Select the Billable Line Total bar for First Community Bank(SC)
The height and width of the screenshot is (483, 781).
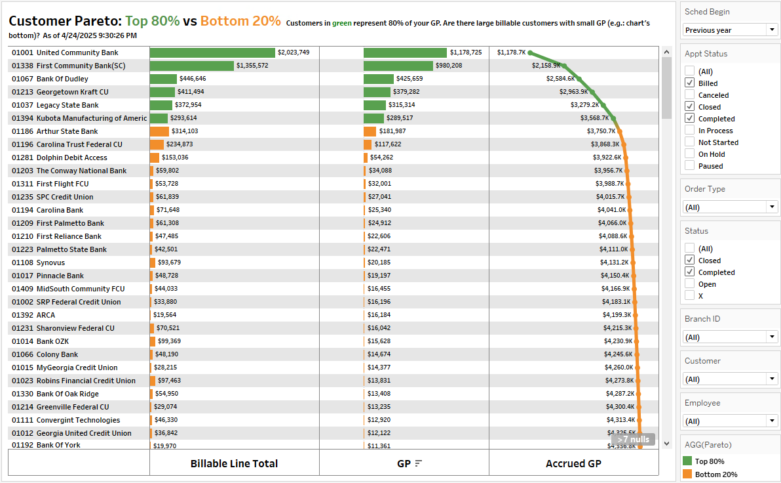point(191,66)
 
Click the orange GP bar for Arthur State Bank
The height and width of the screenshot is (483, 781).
point(370,131)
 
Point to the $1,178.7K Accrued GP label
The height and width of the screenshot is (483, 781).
point(511,52)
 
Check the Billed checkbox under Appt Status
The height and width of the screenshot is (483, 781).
point(690,83)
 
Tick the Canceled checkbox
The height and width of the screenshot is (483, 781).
point(690,95)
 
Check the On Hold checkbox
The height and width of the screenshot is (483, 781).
point(690,154)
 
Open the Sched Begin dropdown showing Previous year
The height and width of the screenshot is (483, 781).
point(731,30)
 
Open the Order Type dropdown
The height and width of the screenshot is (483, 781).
point(731,207)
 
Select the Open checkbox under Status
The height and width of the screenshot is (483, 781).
point(690,284)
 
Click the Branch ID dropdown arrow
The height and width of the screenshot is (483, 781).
point(772,337)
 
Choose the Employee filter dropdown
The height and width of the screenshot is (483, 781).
point(731,421)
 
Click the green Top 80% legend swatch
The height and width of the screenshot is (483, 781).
point(687,461)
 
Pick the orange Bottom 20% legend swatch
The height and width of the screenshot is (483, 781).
point(687,474)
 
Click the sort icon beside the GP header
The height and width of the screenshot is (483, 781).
point(419,463)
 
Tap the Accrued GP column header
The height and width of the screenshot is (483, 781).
point(573,463)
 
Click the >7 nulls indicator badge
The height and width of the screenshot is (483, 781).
point(633,440)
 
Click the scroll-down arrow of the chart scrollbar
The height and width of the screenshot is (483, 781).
point(667,444)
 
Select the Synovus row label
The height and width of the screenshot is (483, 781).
point(50,262)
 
